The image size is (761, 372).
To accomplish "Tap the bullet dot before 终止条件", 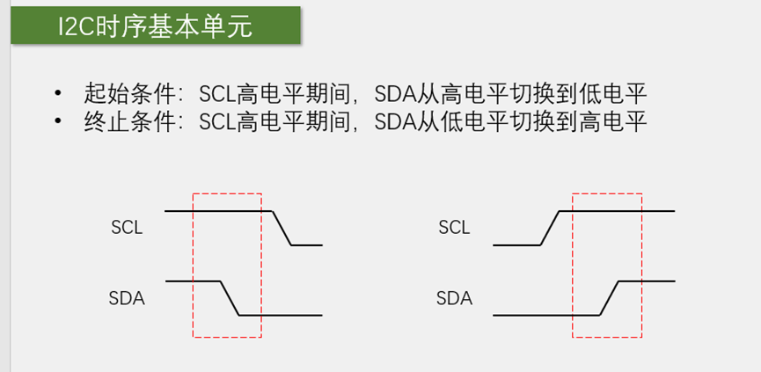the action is coord(58,121).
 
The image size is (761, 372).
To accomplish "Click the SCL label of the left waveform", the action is coord(127,228).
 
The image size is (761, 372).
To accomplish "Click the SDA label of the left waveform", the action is coord(127,298).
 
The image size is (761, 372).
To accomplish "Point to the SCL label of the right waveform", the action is coord(454,228).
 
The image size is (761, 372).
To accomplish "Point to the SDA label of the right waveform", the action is coord(454,298).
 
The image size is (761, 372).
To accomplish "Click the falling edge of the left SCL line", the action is coord(282,228).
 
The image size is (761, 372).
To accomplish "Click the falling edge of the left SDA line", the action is coord(229,297).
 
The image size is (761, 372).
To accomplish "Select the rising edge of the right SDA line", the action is coord(610,297).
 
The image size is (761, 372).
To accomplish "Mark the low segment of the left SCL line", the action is coord(306,245).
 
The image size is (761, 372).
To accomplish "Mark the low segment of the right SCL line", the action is coord(515,245).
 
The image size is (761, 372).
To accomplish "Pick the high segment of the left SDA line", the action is coord(192,281).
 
